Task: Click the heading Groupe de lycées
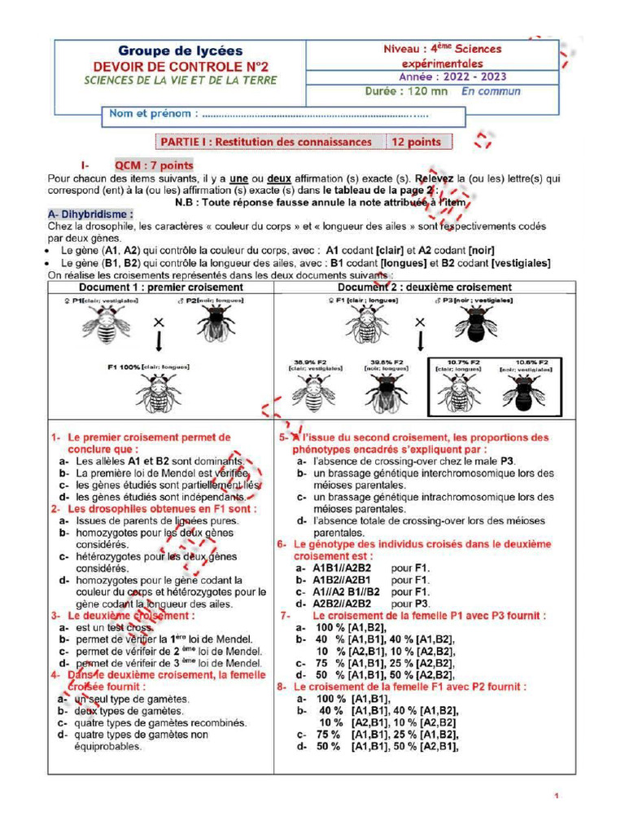tap(180, 51)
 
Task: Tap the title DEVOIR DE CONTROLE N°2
tap(181, 66)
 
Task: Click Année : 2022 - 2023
tap(452, 77)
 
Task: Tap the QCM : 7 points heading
tap(154, 165)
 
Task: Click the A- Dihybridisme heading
tap(90, 213)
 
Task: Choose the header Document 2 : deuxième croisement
tap(425, 288)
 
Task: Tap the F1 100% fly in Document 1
tap(159, 393)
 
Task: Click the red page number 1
tap(556, 796)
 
